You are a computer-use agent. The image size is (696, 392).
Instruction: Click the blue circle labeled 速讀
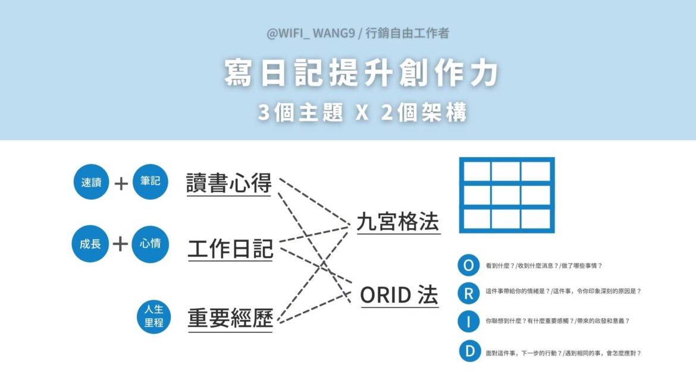coord(92,182)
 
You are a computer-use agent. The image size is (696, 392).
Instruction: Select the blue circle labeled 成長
coord(90,244)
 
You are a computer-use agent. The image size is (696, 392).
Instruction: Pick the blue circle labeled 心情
coord(150,244)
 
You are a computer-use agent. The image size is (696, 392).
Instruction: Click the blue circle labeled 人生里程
coord(153,315)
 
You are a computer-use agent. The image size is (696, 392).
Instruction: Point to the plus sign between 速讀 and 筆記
coord(121,183)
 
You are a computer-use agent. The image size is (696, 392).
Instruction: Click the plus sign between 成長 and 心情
coord(121,244)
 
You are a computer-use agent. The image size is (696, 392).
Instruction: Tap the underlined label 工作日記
coord(230,249)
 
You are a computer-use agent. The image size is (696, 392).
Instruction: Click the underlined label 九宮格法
coord(398,222)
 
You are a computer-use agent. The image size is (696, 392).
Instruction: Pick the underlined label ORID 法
coord(399,295)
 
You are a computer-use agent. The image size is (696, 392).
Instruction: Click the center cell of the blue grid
coord(506,195)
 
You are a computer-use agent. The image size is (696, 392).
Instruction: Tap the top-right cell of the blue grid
coord(536,172)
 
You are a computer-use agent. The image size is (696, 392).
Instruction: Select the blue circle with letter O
coord(469,265)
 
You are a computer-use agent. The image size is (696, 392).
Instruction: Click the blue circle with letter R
coord(469,293)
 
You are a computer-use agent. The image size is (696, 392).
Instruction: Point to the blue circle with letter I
coord(469,321)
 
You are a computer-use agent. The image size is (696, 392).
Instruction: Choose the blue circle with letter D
coord(469,351)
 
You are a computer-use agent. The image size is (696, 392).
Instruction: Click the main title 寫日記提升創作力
coord(360,74)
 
